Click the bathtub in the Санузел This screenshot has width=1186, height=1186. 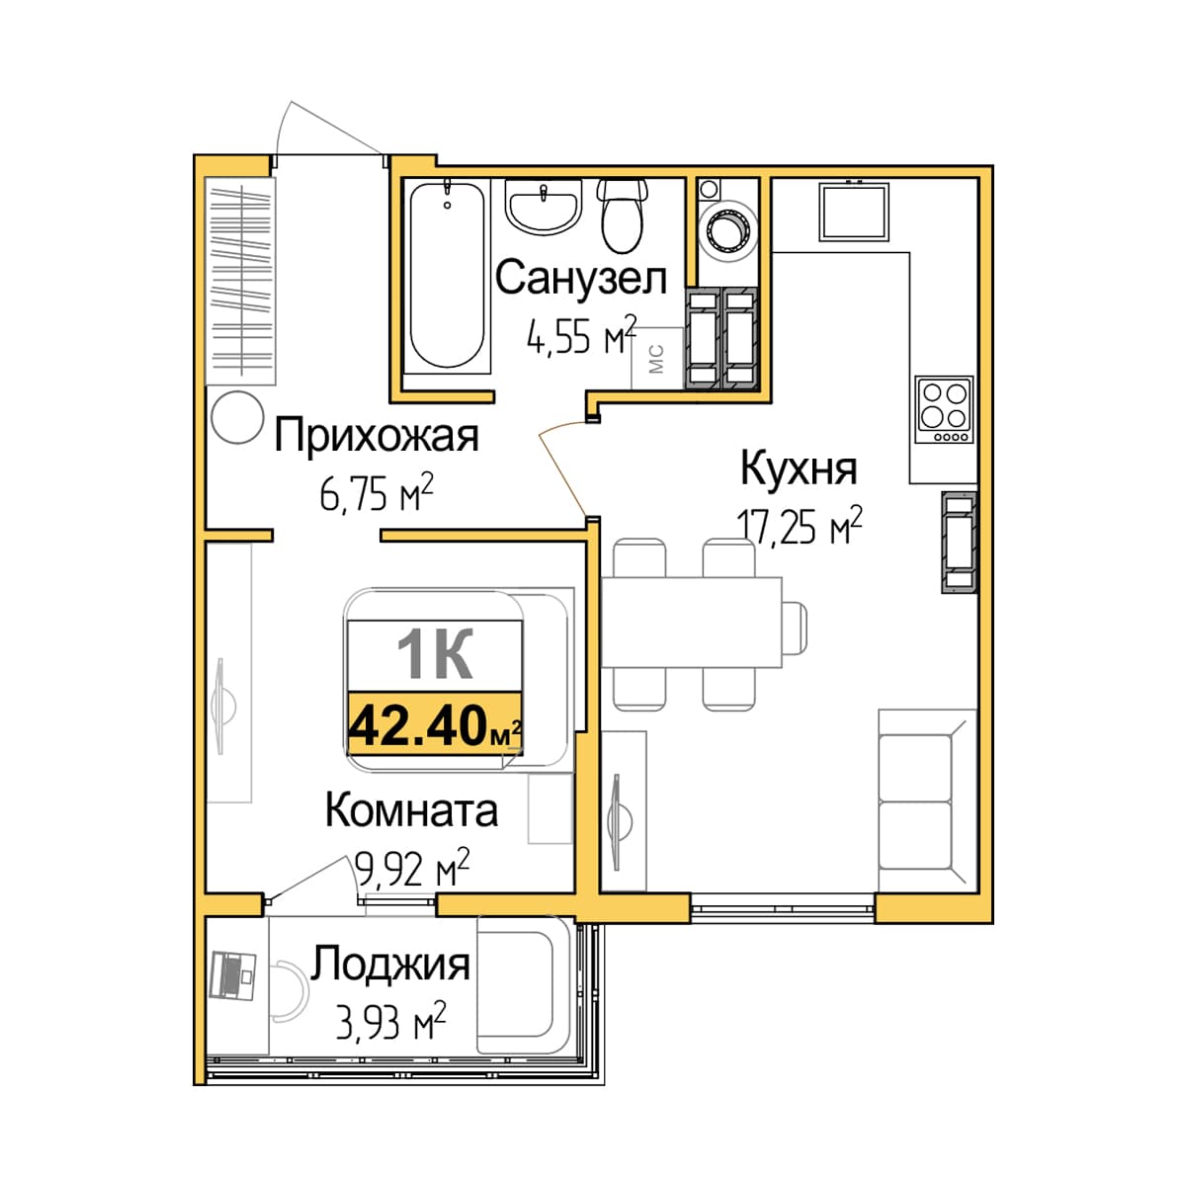pyautogui.click(x=447, y=275)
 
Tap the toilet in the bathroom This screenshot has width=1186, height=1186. pyautogui.click(x=623, y=216)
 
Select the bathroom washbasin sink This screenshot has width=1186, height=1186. pyautogui.click(x=544, y=207)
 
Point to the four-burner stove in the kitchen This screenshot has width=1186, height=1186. pyautogui.click(x=944, y=409)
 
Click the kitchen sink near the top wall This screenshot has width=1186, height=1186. pyautogui.click(x=854, y=212)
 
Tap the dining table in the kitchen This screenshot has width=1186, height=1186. pyautogui.click(x=691, y=623)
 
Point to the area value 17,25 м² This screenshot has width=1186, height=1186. pyautogui.click(x=799, y=527)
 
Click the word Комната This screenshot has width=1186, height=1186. pyautogui.click(x=411, y=810)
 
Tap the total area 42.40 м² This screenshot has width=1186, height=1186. pyautogui.click(x=435, y=726)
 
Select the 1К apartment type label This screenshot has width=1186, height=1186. pyautogui.click(x=435, y=655)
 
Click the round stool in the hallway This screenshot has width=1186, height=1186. pyautogui.click(x=237, y=417)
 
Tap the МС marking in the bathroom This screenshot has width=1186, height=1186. pyautogui.click(x=656, y=359)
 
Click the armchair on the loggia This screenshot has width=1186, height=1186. pyautogui.click(x=524, y=984)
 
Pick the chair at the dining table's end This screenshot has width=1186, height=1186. pyautogui.click(x=795, y=629)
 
